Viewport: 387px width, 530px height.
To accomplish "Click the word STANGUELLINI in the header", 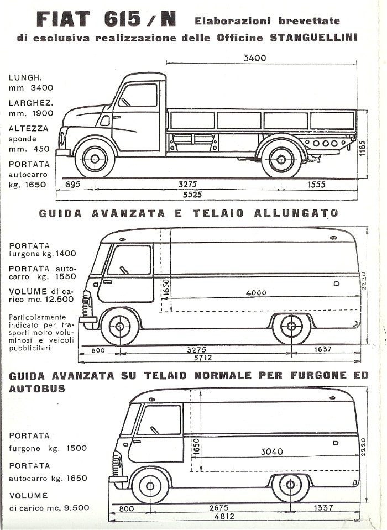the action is pos(313,37).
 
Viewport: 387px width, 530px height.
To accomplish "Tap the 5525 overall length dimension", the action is pos(192,195).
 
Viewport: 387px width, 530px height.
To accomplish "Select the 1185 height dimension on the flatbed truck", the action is pos(362,148).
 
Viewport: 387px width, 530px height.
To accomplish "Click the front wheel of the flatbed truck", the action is pos(95,158).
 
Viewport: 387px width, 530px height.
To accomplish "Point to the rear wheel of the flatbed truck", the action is pos(281,159).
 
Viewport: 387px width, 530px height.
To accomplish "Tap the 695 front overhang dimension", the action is pos(72,185).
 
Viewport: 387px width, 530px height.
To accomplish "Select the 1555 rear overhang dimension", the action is pos(316,185).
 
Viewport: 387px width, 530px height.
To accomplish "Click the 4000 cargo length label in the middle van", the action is pos(256,293).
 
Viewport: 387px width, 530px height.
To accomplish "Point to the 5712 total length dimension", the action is pos(203,358).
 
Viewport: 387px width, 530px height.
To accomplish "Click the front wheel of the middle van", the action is pos(119,327).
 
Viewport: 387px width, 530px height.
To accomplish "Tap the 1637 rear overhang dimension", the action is pos(323,349).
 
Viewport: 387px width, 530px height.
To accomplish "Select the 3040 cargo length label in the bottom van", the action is pos(272,452).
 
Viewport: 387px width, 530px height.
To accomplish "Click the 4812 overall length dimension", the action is pos(224,516).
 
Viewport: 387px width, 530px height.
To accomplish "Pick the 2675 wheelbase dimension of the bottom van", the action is pos(219,508).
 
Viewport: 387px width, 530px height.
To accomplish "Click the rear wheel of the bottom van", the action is pos(290,485).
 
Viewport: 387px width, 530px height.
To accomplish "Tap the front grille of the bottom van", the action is pos(117,464).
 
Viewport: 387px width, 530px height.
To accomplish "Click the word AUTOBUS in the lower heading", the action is pos(37,389).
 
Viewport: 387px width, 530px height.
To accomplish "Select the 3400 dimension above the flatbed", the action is pos(255,58).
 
